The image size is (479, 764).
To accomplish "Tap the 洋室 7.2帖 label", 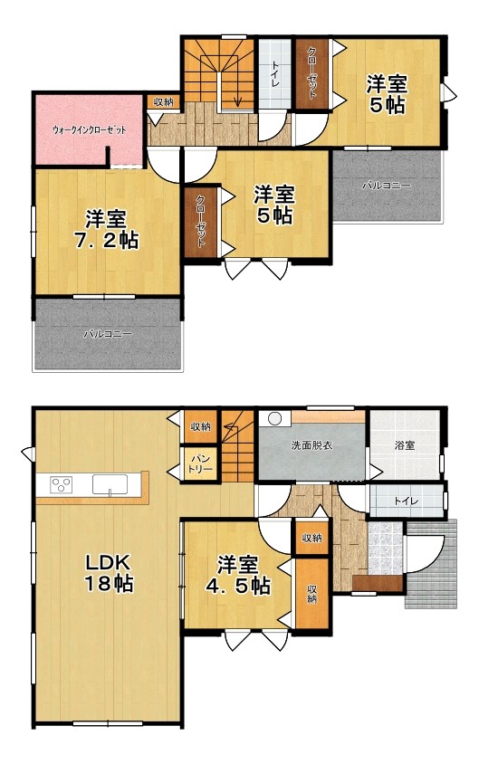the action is (x=106, y=230).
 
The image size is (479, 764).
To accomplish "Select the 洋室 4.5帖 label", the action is (x=237, y=576).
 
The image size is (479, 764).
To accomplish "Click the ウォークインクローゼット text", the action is (x=89, y=130).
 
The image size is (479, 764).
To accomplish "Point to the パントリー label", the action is (x=200, y=465).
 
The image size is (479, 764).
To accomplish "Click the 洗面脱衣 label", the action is (x=311, y=445).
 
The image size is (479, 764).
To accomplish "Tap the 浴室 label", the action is (x=405, y=444).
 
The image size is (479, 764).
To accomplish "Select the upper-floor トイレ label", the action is (x=275, y=74).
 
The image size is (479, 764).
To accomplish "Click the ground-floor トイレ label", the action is (x=406, y=501).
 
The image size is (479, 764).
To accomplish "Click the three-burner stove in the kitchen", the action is (x=62, y=484).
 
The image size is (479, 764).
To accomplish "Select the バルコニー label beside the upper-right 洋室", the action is (x=387, y=186).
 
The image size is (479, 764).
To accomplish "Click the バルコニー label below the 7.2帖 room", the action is (x=107, y=334).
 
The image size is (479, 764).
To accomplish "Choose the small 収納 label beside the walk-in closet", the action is (x=163, y=101).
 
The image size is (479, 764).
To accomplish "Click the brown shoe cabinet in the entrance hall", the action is (x=378, y=583).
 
